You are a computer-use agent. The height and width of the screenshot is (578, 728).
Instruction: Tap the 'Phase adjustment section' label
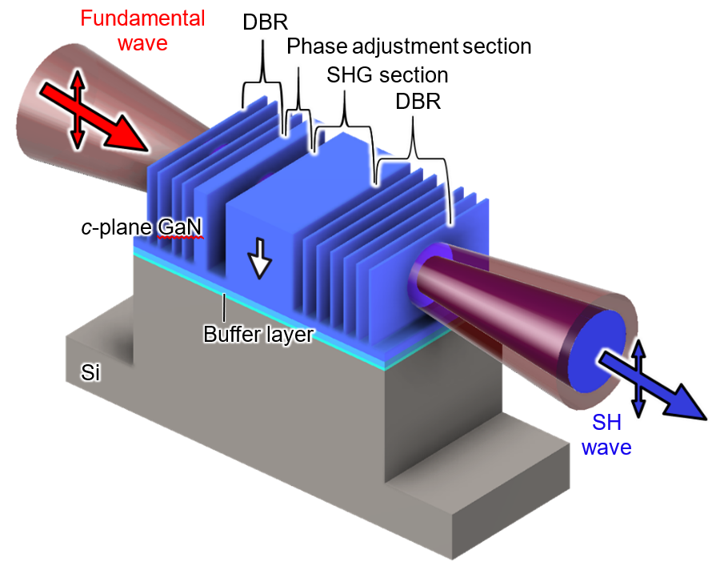pos(409,46)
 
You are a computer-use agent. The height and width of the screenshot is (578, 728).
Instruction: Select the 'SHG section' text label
pos(387,75)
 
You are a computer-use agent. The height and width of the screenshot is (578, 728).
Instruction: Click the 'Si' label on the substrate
pos(90,372)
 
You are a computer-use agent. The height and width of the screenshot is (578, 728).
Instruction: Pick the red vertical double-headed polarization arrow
pos(75,108)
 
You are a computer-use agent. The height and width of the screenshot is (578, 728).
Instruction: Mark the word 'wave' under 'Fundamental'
pos(143,42)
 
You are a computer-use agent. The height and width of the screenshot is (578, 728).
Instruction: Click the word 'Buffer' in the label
pos(228,334)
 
